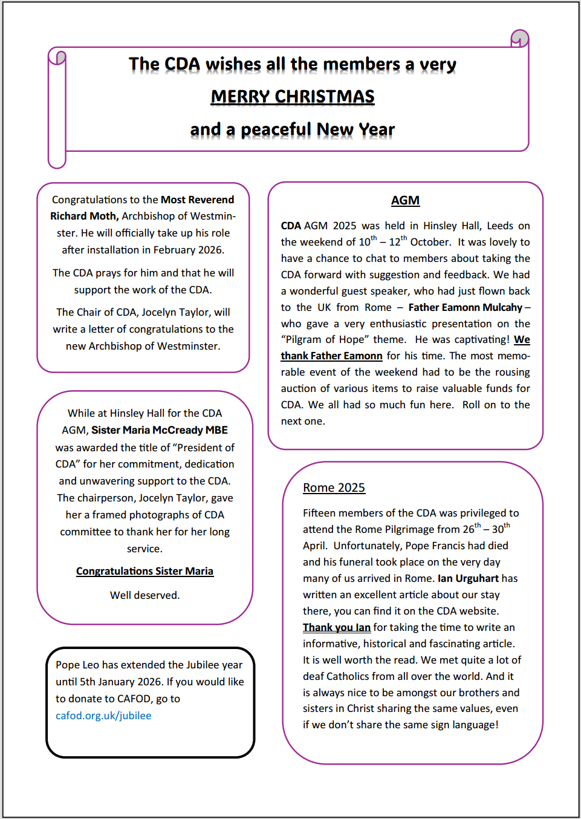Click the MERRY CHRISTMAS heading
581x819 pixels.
coord(293,97)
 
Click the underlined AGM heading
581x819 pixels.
coord(405,200)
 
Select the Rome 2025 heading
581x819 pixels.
coord(334,488)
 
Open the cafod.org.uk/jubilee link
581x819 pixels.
coord(103,716)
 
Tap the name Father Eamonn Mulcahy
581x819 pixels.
coord(465,307)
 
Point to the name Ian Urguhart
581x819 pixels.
coord(468,578)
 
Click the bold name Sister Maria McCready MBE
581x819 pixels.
coord(160,430)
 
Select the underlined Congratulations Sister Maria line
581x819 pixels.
coord(144,571)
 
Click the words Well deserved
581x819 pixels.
coord(144,595)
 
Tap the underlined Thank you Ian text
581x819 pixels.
coord(336,627)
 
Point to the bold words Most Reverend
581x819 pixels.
coord(197,200)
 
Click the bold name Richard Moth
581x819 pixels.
coord(84,216)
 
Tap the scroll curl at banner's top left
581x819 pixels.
coord(57,57)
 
